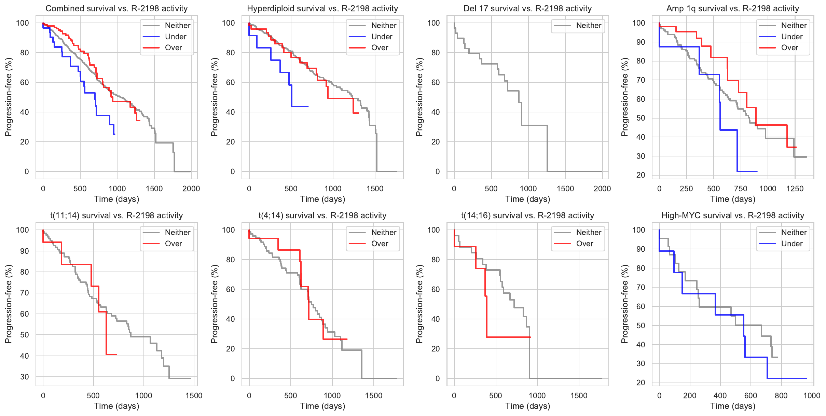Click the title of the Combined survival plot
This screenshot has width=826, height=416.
116,9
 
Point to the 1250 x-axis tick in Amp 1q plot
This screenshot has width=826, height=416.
795,189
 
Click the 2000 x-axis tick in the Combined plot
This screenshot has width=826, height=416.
191,189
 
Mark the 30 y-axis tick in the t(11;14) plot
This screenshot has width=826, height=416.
25,377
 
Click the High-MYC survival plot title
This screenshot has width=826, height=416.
732,216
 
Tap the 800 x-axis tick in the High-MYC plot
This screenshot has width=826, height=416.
781,396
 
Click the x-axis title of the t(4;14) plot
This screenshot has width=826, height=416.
322,406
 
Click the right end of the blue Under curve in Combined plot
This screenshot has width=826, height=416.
114,134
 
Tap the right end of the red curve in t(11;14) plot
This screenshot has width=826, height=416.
116,355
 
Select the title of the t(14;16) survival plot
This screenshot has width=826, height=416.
527,216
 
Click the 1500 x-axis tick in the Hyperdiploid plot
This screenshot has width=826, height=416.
375,189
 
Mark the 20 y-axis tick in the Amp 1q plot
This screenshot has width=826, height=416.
641,175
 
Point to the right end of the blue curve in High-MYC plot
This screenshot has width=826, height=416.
807,378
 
